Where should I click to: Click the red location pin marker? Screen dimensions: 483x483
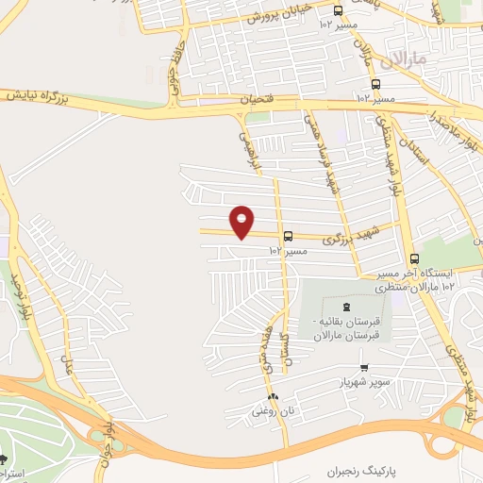[x=242, y=221]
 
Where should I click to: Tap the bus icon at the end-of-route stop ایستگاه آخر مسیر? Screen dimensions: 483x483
[x=413, y=258]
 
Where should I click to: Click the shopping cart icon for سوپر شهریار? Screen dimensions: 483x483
[x=364, y=368]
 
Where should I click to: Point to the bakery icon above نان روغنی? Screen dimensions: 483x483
[x=273, y=396]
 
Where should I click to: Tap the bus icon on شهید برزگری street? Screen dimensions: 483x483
[x=288, y=237]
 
